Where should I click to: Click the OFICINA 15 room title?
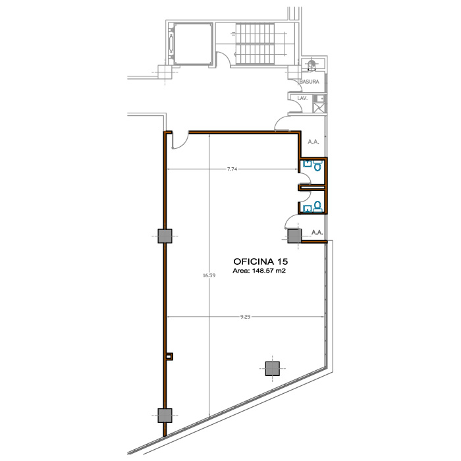261,261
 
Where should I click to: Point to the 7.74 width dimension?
232,169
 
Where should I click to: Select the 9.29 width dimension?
245,317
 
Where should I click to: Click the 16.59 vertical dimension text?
209,275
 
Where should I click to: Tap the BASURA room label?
309,82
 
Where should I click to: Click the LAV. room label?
302,98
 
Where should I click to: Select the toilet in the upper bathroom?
317,165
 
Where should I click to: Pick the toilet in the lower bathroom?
317,205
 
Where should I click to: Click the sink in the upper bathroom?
308,163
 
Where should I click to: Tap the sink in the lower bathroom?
308,209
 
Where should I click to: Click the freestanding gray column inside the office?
273,369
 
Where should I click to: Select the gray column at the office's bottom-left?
165,416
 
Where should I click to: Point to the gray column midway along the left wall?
165,236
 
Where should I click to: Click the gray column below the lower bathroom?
294,236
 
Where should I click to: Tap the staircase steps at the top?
255,43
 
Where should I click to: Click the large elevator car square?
193,43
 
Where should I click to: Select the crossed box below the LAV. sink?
319,107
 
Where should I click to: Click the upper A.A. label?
313,142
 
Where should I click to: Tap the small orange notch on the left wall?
170,357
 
